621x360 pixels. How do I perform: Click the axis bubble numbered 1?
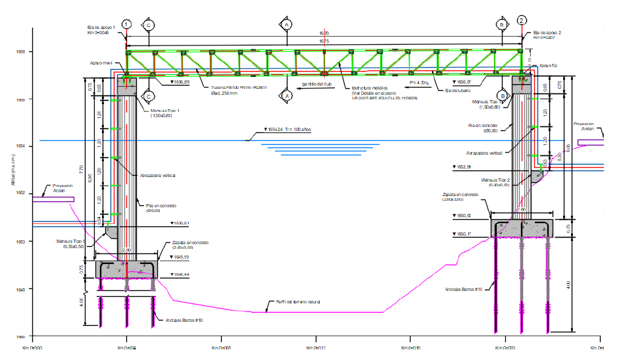[127, 24]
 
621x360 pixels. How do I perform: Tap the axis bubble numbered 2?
[522, 20]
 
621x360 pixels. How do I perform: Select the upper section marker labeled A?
[287, 24]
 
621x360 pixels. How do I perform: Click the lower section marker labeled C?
[149, 96]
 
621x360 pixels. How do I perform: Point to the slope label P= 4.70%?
[419, 83]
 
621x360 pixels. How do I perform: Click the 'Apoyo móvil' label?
[103, 64]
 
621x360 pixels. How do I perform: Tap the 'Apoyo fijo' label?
[548, 66]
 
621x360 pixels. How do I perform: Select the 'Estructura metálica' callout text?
[369, 88]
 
